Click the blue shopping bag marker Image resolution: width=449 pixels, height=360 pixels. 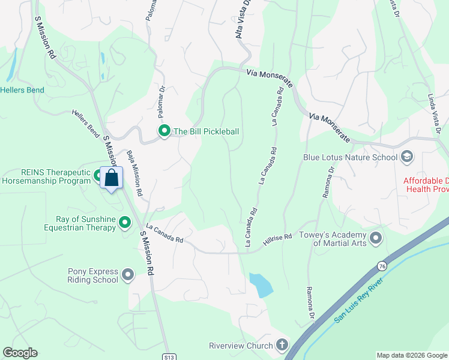pyautogui.click(x=111, y=178)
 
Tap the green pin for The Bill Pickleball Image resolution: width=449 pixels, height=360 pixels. pyautogui.click(x=163, y=131)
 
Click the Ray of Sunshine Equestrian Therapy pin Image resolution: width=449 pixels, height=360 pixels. pyautogui.click(x=125, y=223)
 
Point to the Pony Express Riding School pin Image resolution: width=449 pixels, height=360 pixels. pyautogui.click(x=128, y=275)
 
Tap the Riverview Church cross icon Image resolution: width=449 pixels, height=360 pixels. pyautogui.click(x=282, y=345)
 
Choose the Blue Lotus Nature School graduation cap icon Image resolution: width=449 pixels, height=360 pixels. pyautogui.click(x=407, y=157)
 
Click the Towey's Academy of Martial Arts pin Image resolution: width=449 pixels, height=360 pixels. pyautogui.click(x=376, y=238)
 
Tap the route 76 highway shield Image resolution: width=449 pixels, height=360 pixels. pyautogui.click(x=382, y=265)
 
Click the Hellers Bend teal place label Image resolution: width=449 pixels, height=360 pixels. pyautogui.click(x=22, y=90)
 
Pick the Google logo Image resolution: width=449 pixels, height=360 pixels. pyautogui.click(x=20, y=353)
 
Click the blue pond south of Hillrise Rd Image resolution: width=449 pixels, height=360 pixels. pyautogui.click(x=261, y=285)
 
